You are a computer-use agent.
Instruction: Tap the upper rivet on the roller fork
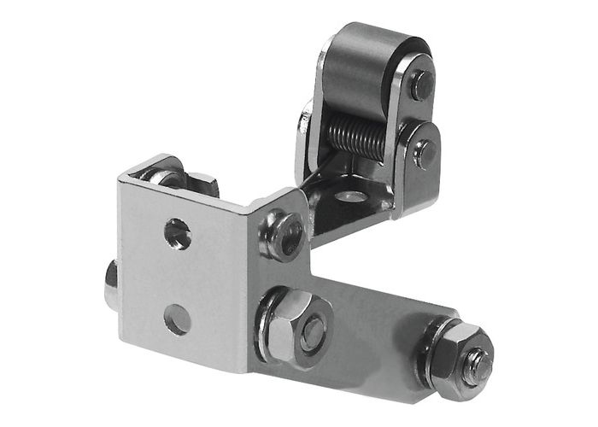[420, 84]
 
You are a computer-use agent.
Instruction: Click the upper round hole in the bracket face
[178, 231]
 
